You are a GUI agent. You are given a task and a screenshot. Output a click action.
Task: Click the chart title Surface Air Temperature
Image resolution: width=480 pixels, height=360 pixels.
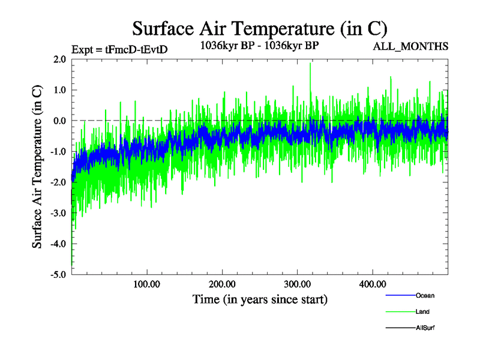tap(259, 28)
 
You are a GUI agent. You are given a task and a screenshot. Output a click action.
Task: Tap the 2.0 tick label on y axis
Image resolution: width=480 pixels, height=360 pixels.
tap(59, 59)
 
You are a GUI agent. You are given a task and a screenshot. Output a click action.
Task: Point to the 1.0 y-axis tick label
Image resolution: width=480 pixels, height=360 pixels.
tap(59, 90)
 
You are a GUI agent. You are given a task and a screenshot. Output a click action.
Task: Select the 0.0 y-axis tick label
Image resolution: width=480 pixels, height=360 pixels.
tap(59, 121)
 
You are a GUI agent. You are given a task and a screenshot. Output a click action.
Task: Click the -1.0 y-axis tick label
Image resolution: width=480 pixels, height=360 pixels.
tap(58, 151)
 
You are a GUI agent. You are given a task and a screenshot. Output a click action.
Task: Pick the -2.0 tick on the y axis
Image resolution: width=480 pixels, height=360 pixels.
tap(58, 182)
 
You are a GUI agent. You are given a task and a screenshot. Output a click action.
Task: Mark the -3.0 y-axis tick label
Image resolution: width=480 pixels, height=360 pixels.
tap(58, 213)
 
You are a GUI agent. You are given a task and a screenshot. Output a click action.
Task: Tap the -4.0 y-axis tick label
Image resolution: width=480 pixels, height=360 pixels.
tap(58, 244)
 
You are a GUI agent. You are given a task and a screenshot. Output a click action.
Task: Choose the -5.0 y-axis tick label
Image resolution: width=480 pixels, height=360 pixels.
tap(58, 274)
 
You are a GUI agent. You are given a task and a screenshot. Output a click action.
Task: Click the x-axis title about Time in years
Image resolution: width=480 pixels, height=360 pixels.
tap(260, 298)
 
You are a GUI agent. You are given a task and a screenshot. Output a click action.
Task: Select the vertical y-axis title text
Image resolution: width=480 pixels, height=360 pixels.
tap(37, 167)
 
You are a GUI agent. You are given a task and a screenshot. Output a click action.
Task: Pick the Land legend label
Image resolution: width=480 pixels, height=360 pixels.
tap(422, 312)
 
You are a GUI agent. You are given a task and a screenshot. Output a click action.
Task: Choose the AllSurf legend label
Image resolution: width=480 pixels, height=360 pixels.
tap(425, 328)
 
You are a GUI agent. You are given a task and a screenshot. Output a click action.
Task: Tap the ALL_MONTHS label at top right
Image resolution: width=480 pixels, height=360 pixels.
tap(412, 46)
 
